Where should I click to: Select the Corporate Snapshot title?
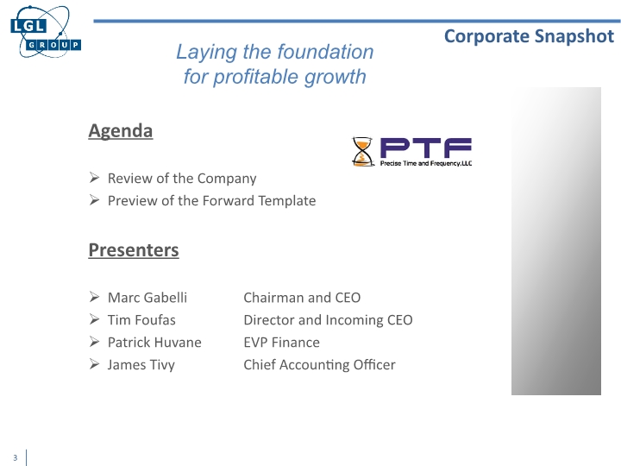(x=530, y=35)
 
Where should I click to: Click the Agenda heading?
(x=121, y=131)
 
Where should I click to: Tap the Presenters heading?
(x=134, y=250)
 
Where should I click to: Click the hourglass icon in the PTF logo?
(x=362, y=152)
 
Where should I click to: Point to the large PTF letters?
(x=426, y=147)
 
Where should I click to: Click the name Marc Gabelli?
(x=147, y=298)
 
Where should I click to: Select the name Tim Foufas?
(x=141, y=320)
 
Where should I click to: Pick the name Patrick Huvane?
(x=154, y=343)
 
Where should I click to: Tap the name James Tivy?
(x=141, y=365)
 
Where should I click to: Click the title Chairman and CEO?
(x=302, y=298)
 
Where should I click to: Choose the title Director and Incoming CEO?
(x=328, y=320)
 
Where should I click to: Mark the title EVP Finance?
(x=282, y=343)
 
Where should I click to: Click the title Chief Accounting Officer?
(x=319, y=365)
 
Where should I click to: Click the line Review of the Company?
(x=182, y=179)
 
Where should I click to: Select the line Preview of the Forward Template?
(x=211, y=201)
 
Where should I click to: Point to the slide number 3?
(x=15, y=457)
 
